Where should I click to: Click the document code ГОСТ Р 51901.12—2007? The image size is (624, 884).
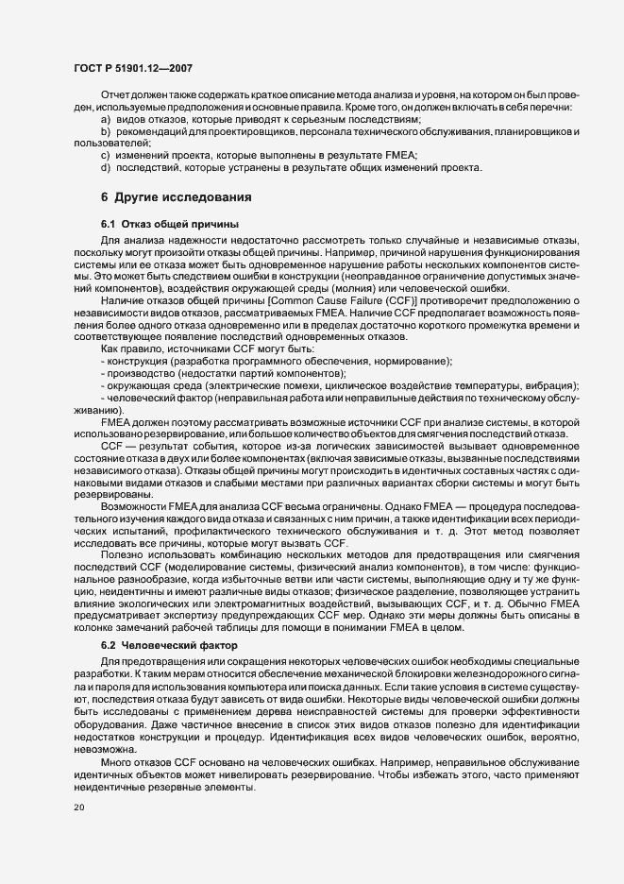point(132,68)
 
